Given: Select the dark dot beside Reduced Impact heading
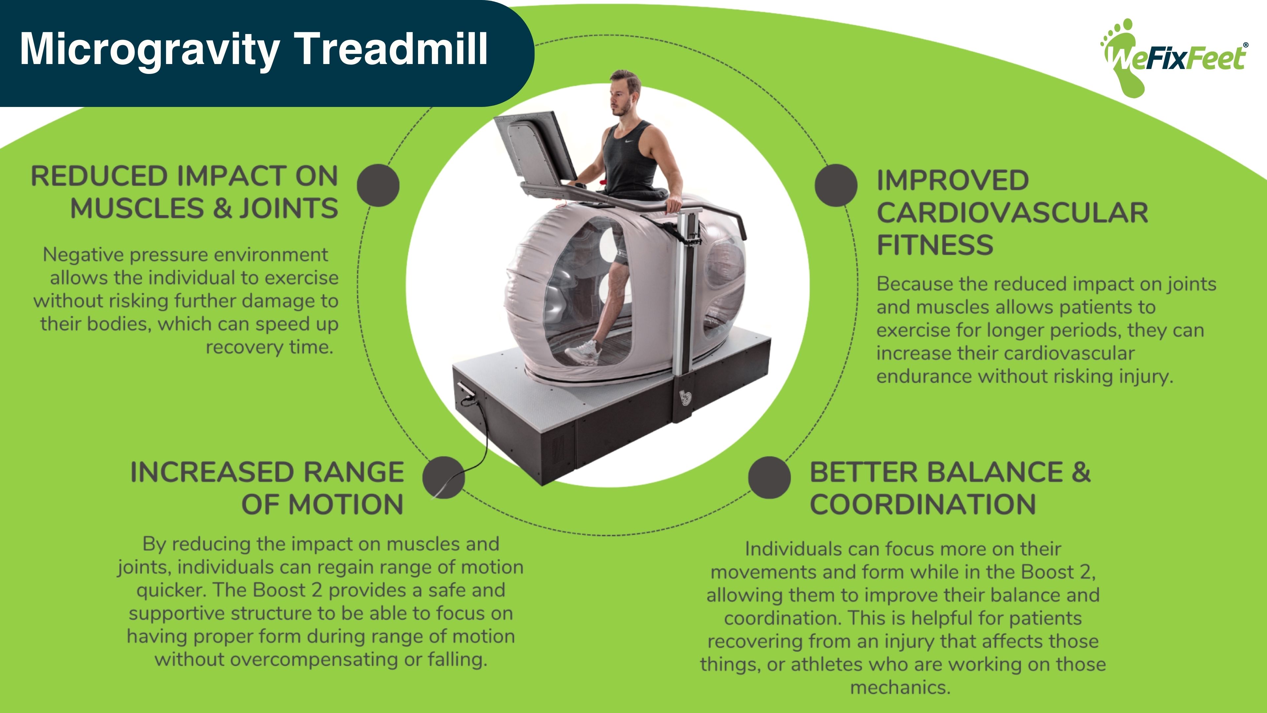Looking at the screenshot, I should pyautogui.click(x=378, y=186).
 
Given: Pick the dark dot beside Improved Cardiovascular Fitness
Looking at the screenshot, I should pyautogui.click(x=836, y=186).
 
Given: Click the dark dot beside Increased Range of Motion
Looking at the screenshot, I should pyautogui.click(x=443, y=477).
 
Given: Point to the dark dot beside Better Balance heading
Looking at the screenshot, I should pyautogui.click(x=769, y=477).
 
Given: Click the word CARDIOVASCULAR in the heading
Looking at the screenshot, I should pyautogui.click(x=1012, y=213).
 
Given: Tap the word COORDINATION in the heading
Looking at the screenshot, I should pyautogui.click(x=923, y=505).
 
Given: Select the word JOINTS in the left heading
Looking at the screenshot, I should pyautogui.click(x=289, y=209).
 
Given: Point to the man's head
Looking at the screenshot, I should pyautogui.click(x=624, y=93).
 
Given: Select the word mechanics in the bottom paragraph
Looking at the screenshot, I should pyautogui.click(x=900, y=687).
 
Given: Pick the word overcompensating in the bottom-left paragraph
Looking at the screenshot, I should pyautogui.click(x=314, y=660).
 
